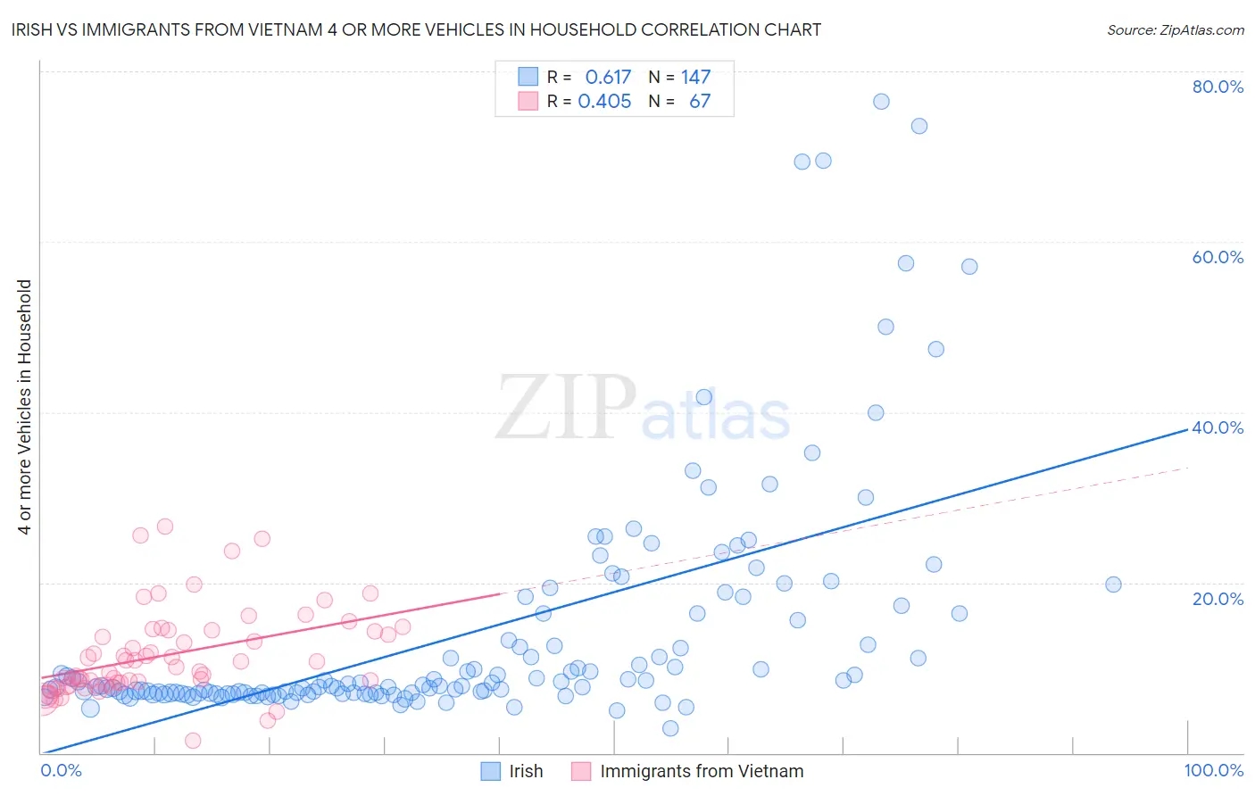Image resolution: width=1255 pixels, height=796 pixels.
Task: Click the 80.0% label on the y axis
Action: click(1218, 87)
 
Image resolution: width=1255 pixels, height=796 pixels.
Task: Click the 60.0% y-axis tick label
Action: click(1218, 257)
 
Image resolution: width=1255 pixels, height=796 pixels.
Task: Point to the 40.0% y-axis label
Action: click(1218, 427)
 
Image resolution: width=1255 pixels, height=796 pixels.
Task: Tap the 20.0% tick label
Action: click(1218, 599)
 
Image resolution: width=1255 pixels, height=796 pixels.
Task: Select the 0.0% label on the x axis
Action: click(61, 770)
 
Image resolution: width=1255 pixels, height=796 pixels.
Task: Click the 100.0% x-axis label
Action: click(1213, 770)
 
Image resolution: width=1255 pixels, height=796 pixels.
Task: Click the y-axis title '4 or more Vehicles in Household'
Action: click(25, 407)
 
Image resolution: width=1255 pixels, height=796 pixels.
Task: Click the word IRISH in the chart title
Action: click(34, 29)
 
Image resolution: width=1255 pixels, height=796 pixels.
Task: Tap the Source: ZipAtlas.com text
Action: click(1175, 29)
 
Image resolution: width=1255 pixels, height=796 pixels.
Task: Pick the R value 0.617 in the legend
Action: click(608, 78)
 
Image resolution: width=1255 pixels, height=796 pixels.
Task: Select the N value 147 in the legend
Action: click(695, 78)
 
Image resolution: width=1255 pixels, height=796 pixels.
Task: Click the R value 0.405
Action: click(604, 102)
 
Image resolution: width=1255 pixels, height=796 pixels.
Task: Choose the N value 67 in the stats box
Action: click(700, 102)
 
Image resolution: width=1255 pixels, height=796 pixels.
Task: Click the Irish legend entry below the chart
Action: click(526, 771)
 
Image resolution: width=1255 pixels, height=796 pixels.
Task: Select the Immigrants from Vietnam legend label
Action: click(702, 771)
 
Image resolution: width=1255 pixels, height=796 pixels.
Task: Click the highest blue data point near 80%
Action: click(881, 102)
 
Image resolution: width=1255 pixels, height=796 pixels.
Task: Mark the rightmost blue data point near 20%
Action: click(1113, 585)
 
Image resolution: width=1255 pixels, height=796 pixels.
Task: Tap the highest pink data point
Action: click(165, 527)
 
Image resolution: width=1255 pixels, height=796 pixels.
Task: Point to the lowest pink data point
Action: click(193, 741)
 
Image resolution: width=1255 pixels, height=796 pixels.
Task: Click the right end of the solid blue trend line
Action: click(1188, 428)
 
